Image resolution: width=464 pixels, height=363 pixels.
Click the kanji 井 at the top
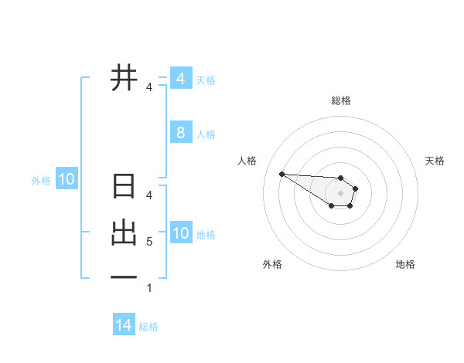click(x=124, y=78)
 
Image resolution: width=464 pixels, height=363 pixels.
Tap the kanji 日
click(x=124, y=187)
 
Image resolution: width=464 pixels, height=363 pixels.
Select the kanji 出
click(x=124, y=232)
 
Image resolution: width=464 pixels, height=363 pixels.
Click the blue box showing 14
click(x=124, y=325)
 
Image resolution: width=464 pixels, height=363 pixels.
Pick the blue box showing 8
click(x=180, y=132)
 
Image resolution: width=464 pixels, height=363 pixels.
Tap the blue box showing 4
click(x=180, y=78)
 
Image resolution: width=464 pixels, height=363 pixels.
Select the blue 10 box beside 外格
click(x=67, y=180)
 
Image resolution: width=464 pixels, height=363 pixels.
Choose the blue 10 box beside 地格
click(x=180, y=232)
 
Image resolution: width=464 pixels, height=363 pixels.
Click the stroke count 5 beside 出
click(x=148, y=242)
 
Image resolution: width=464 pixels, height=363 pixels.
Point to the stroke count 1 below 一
click(x=148, y=289)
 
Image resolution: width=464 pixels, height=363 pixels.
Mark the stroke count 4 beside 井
click(x=148, y=87)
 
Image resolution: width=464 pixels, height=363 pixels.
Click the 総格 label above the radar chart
click(x=341, y=100)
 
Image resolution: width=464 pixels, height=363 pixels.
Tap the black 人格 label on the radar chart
click(x=247, y=161)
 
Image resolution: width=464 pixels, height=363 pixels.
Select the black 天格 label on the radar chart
click(x=435, y=161)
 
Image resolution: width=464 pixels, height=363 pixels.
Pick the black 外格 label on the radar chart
click(x=271, y=264)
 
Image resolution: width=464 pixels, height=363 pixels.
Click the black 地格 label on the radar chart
click(x=405, y=264)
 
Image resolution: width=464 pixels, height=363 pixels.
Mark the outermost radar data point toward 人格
click(x=281, y=174)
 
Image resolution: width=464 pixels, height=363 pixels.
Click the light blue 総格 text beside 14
click(x=148, y=327)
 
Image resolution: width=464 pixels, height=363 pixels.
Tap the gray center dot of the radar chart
click(x=340, y=193)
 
